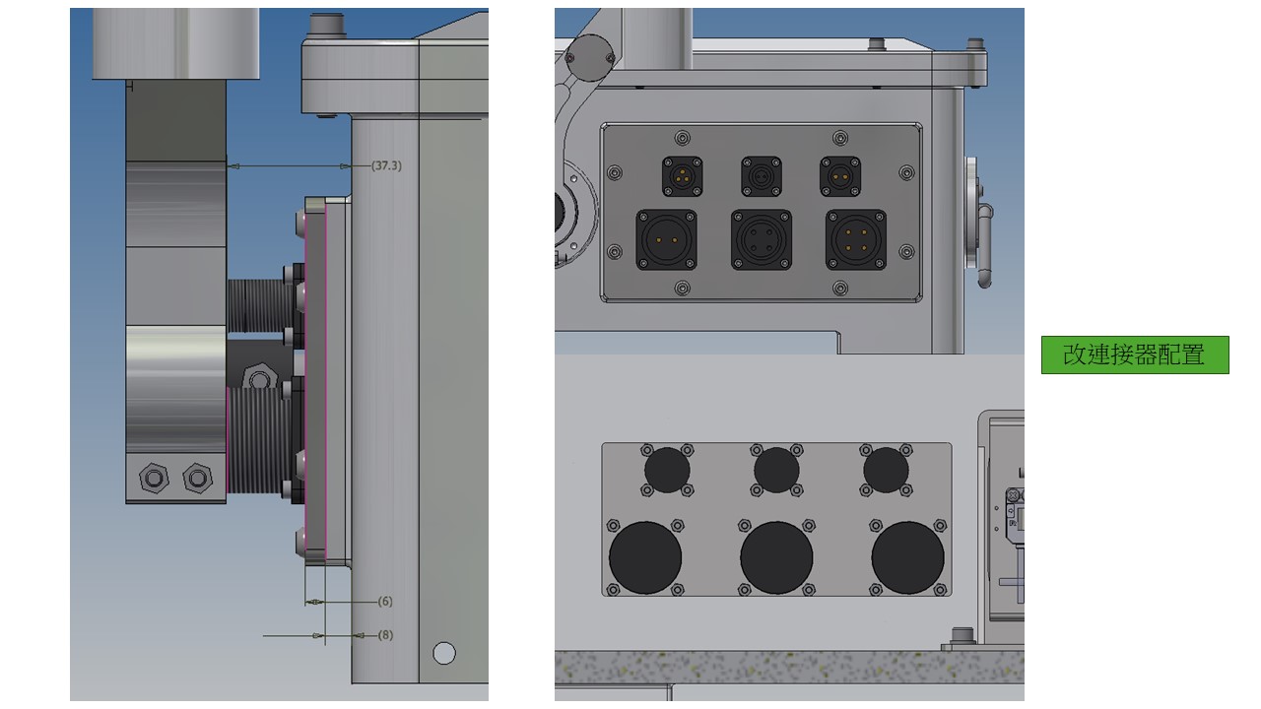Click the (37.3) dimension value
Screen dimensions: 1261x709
387,165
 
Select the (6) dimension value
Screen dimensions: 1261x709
385,602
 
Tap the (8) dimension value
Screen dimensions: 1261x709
385,635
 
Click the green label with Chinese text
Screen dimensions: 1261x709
1135,355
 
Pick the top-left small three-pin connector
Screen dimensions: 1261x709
683,176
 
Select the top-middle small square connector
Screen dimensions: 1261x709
762,176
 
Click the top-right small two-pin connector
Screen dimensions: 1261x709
840,176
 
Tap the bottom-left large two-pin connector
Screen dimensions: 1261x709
667,239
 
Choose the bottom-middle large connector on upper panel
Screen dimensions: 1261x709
762,239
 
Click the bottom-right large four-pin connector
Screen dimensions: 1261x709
856,239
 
